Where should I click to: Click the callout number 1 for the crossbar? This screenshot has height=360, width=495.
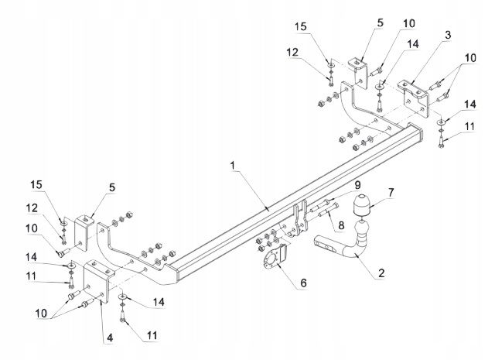[x=233, y=165]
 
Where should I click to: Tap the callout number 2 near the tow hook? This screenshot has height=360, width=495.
[x=381, y=273]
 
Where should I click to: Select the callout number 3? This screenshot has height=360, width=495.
[x=448, y=35]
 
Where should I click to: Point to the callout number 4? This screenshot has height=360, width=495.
[x=110, y=338]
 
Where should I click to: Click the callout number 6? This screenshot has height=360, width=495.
[x=303, y=283]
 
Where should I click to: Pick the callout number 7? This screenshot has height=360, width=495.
[x=391, y=192]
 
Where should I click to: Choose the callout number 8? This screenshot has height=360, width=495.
[x=341, y=225]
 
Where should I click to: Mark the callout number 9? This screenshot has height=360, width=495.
[x=357, y=185]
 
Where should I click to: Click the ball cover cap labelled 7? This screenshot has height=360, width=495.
[x=361, y=206]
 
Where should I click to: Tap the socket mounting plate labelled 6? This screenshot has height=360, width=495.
[x=275, y=258]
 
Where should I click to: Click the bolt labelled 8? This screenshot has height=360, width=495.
[x=329, y=210]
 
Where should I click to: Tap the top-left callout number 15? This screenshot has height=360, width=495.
[x=301, y=26]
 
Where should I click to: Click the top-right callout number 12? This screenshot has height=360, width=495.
[x=292, y=52]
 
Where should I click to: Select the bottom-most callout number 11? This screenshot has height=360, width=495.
[x=152, y=335]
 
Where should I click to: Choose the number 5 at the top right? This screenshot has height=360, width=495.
[x=380, y=22]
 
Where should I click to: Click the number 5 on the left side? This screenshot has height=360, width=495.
[x=112, y=187]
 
